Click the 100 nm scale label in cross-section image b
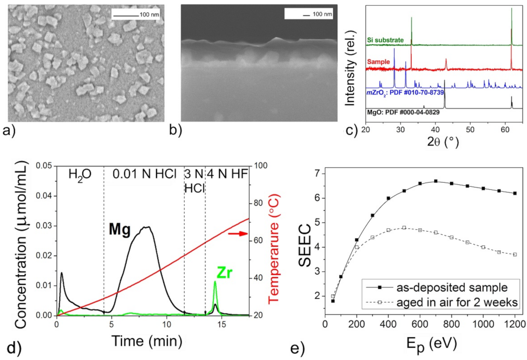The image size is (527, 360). click(322, 14)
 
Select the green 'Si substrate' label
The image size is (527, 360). click(385, 40)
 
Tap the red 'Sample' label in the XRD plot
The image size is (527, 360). click(378, 62)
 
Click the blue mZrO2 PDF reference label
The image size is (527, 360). click(405, 92)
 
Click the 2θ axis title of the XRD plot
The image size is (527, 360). click(443, 141)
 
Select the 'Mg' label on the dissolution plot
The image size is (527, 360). click(119, 230)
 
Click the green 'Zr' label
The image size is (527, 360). click(224, 273)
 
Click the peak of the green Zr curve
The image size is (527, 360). click(215, 282)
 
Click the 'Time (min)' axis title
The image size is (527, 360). click(146, 340)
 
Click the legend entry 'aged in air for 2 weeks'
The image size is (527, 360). click(441, 302)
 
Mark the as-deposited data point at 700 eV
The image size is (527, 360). click(436, 181)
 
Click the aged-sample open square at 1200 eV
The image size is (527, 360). click(515, 254)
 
